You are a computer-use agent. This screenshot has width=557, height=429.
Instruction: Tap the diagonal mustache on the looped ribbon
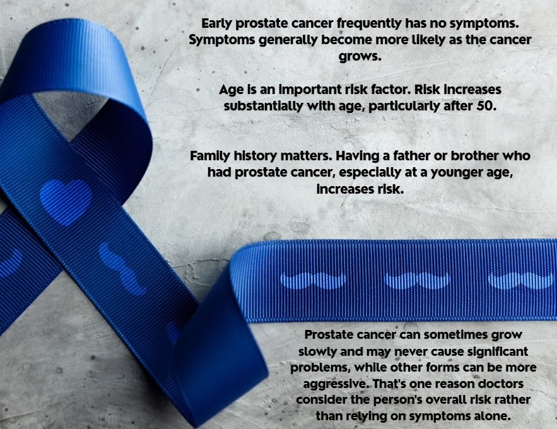pyautogui.click(x=122, y=269)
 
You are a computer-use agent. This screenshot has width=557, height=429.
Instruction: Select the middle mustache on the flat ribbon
pyautogui.click(x=417, y=281)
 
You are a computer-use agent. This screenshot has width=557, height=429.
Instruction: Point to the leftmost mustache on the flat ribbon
pyautogui.click(x=314, y=281)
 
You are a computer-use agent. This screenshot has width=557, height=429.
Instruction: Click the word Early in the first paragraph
pyautogui.click(x=217, y=23)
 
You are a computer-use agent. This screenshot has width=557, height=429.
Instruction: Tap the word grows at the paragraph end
pyautogui.click(x=360, y=56)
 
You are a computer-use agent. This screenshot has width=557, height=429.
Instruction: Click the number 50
pyautogui.click(x=486, y=105)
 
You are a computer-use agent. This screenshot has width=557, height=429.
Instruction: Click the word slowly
pyautogui.click(x=317, y=351)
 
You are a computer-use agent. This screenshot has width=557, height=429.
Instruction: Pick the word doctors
pyautogui.click(x=500, y=384)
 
